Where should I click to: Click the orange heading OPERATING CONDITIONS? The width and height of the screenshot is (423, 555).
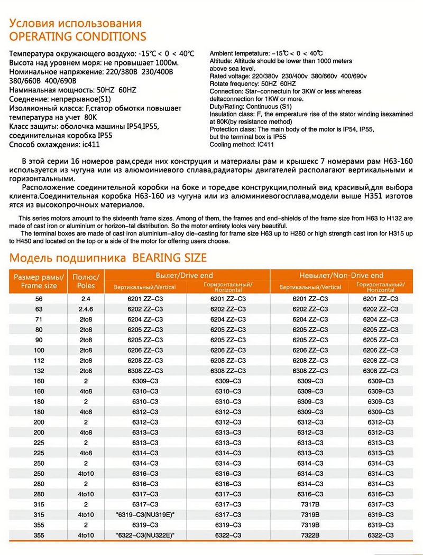tap(78, 36)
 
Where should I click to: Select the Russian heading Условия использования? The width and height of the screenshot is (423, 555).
tap(76, 24)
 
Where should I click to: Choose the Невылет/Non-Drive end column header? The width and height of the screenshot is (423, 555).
tap(342, 275)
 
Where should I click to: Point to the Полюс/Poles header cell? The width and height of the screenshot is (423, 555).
tap(86, 281)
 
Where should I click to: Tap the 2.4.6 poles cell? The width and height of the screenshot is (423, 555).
tap(86, 309)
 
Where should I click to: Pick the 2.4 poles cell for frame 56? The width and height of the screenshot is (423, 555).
tap(86, 299)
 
